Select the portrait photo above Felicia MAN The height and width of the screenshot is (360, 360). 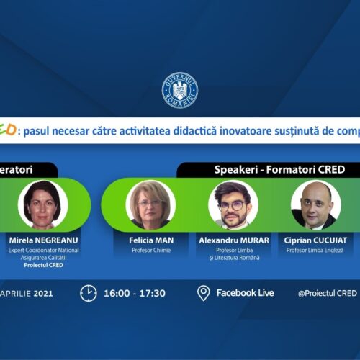[x=150, y=204]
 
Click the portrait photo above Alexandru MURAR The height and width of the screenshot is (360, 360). [x=233, y=204]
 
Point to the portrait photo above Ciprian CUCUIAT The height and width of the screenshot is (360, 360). [x=315, y=204]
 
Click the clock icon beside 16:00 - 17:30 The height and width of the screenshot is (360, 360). [x=88, y=293]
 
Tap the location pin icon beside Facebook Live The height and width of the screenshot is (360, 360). [x=204, y=293]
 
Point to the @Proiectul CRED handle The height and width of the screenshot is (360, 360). [x=328, y=294]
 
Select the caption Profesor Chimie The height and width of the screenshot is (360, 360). [x=150, y=251]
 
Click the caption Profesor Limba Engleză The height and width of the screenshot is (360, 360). [x=315, y=251]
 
